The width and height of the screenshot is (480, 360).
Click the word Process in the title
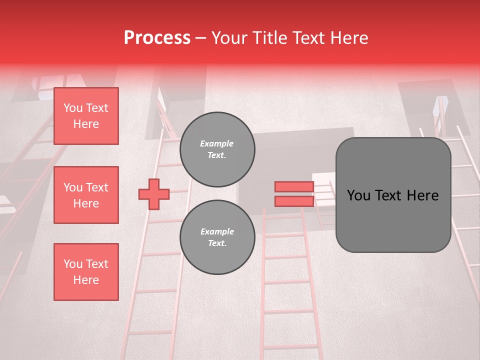click(157, 38)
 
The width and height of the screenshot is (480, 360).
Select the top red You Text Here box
click(86, 116)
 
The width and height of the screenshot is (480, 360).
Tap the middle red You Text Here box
click(86, 195)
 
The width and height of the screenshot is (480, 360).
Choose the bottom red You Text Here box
click(86, 272)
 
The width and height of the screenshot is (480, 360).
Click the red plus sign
click(154, 194)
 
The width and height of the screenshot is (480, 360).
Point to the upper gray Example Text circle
click(217, 149)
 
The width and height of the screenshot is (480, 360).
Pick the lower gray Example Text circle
click(217, 237)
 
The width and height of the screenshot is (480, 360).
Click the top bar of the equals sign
click(294, 186)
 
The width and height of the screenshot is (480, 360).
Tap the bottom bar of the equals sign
click(294, 201)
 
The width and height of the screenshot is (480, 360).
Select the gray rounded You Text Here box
click(393, 194)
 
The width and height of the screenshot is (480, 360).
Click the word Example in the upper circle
click(217, 144)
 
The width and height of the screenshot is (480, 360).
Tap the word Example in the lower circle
click(217, 232)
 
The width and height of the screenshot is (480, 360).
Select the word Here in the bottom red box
click(86, 280)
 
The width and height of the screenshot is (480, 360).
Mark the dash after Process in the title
click(201, 38)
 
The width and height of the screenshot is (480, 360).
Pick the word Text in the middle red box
click(96, 187)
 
